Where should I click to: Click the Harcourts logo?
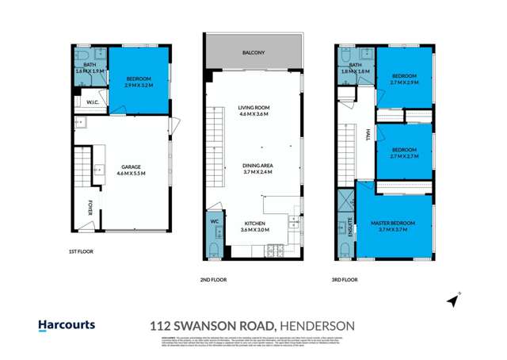pyautogui.click(x=67, y=324)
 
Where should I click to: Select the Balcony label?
pyautogui.click(x=253, y=53)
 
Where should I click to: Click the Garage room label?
pyautogui.click(x=130, y=167)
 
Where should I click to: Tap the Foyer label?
pyautogui.click(x=90, y=208)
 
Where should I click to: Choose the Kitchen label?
pyautogui.click(x=255, y=224)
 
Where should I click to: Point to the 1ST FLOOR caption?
pyautogui.click(x=82, y=251)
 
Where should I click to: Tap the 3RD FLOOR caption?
pyautogui.click(x=344, y=280)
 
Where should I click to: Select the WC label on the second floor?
pyautogui.click(x=214, y=221)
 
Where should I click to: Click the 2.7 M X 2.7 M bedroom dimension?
pyautogui.click(x=405, y=155)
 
